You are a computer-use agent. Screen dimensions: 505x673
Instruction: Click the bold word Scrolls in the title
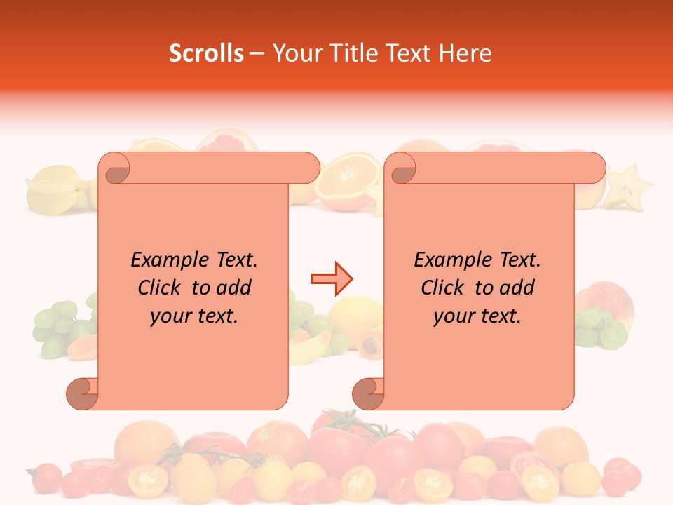[x=206, y=53]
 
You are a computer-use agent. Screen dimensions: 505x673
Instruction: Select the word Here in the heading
[x=465, y=53]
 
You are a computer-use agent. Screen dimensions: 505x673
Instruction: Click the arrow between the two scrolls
[x=332, y=279]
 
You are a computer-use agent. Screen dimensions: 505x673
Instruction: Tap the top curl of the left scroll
[x=116, y=168]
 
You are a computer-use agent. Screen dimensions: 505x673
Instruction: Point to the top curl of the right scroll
[x=402, y=168]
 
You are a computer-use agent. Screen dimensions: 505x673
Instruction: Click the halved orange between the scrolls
[x=348, y=182]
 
